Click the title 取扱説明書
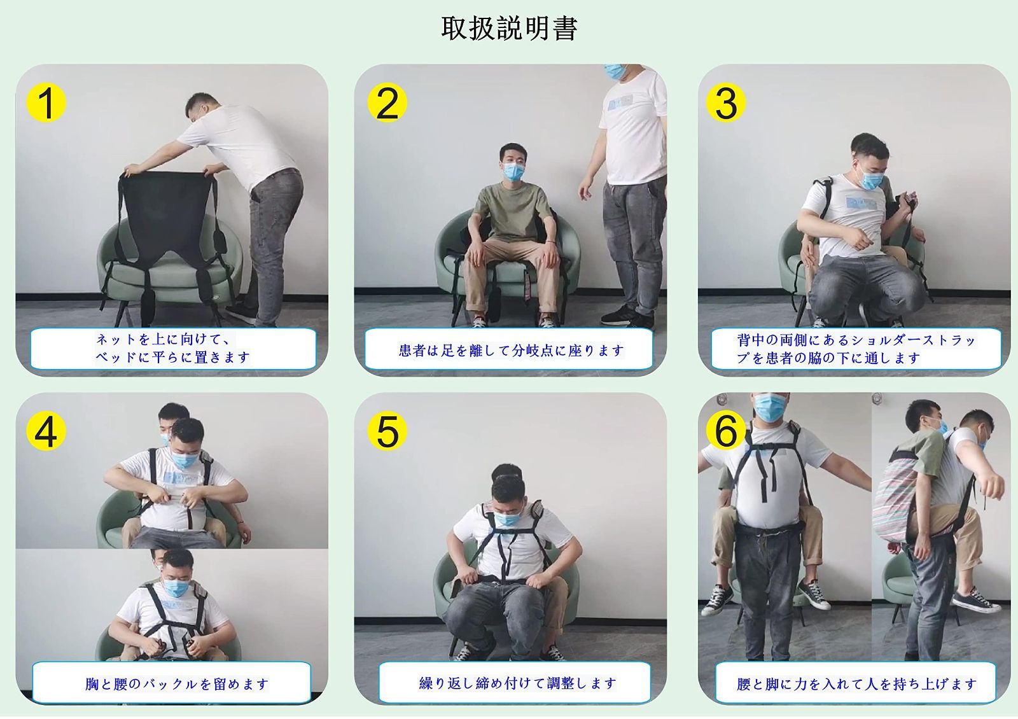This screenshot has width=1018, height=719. (509, 28)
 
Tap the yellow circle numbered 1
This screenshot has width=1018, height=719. (46, 102)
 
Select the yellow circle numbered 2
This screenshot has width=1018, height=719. (387, 102)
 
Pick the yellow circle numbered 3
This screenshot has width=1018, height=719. (726, 102)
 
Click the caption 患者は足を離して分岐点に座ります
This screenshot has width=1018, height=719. (512, 351)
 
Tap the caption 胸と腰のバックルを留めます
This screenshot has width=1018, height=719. (176, 684)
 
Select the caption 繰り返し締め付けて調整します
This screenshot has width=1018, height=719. (518, 683)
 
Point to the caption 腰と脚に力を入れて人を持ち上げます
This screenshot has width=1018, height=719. (856, 684)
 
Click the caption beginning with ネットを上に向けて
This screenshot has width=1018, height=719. (172, 348)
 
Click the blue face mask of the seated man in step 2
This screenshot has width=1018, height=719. (513, 172)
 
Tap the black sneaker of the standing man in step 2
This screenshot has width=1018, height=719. (618, 315)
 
